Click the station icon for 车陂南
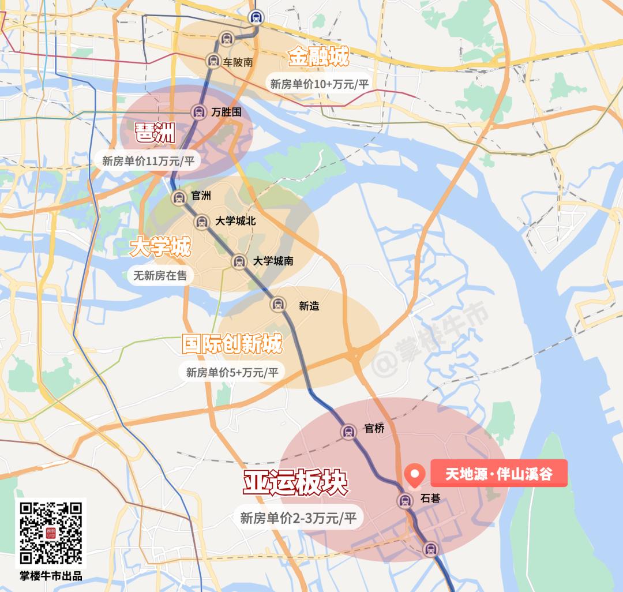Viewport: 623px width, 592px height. pos(213,61)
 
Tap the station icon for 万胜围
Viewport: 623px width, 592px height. pos(199,112)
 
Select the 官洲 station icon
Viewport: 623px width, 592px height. pos(179,198)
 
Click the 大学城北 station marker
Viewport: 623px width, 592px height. pos(202,222)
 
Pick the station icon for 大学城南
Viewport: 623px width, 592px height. pos(239,261)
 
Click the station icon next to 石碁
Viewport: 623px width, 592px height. pos(406,500)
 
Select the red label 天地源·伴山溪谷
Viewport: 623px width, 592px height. pos(499,474)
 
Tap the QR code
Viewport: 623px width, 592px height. pos(51,533)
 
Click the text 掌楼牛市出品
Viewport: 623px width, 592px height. pos(51,576)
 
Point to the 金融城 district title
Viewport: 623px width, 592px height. pos(318,57)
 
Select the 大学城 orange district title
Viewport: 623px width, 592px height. pos(160,248)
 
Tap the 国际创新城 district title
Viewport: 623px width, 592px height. pos(232,344)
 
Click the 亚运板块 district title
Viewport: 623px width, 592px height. pos(295,484)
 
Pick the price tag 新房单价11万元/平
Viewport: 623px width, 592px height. pos(149,161)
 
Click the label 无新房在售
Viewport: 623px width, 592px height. pos(160,276)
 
